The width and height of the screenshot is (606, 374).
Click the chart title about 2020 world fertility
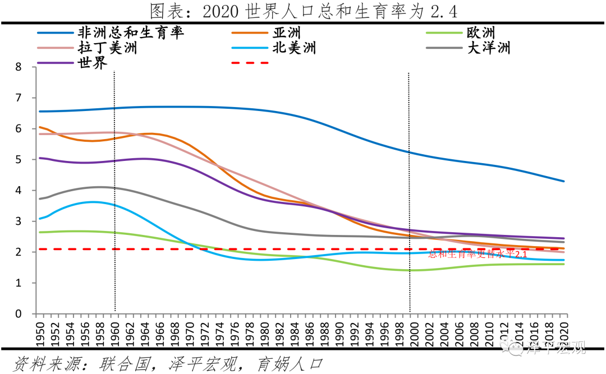pos(303,11)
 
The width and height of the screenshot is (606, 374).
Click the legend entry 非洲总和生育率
pos(131,33)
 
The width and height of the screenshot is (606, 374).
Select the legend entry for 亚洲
pos(286,33)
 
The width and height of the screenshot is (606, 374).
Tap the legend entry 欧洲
pos(480,33)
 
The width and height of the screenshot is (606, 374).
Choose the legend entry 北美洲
pos(294,48)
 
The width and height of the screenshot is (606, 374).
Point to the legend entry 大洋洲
pos(488,48)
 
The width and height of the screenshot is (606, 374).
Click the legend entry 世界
pos(93,62)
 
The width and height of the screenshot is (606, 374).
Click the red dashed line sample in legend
pos(250,62)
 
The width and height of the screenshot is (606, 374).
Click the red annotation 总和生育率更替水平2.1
pos(478,254)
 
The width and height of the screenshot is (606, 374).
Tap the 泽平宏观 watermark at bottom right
pos(555,349)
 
